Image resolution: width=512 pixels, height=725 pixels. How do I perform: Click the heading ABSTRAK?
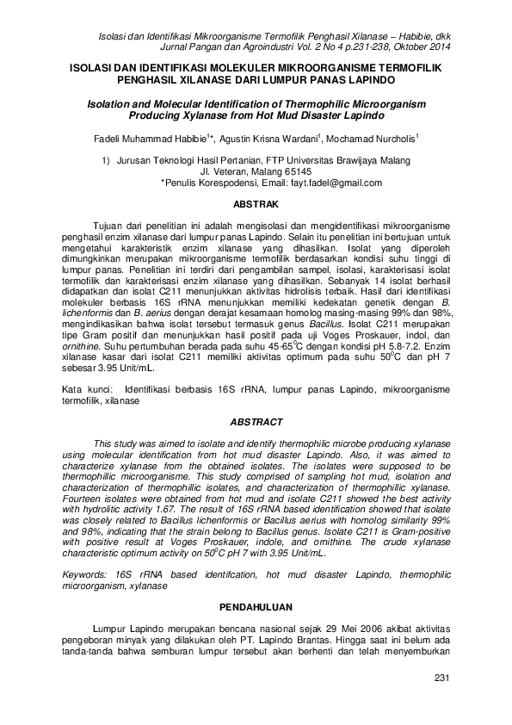(256, 205)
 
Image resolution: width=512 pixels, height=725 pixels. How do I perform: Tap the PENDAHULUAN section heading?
(256, 605)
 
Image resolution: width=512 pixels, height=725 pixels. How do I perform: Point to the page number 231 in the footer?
(443, 680)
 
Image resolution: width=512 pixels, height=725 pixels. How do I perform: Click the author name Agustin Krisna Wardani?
(270, 138)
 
